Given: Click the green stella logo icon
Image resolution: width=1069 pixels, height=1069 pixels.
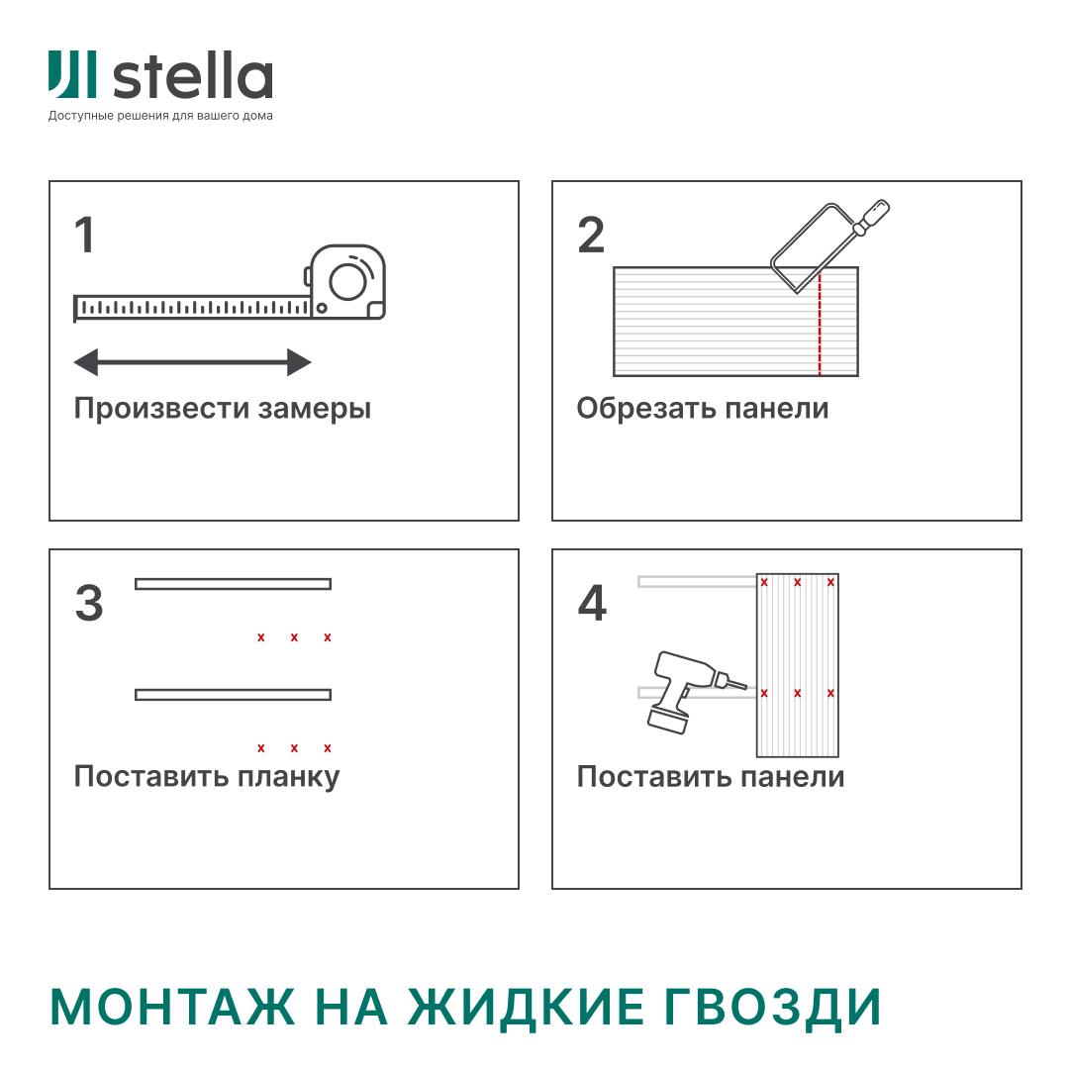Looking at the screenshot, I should (72, 74).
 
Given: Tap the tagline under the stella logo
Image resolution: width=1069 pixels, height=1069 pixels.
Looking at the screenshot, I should (160, 116).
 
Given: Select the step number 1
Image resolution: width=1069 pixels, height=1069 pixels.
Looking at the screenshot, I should (85, 236).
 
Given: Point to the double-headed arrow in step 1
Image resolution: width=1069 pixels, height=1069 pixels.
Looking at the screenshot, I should (192, 362).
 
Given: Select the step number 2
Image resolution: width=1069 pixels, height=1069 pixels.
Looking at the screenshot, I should (591, 236).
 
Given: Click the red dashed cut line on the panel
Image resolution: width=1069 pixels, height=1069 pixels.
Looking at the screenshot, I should (820, 327).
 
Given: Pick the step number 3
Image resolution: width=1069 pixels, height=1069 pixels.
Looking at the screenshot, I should (89, 604).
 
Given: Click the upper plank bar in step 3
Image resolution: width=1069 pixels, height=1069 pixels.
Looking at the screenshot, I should (233, 584).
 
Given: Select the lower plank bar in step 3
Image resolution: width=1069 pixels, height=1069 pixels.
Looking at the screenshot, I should (233, 695).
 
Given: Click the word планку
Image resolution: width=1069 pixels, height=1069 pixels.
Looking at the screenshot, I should (288, 777).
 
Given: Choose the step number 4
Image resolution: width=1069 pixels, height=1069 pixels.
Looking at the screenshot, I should (592, 604).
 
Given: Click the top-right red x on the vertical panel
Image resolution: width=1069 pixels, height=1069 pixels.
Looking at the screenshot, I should (830, 582).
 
